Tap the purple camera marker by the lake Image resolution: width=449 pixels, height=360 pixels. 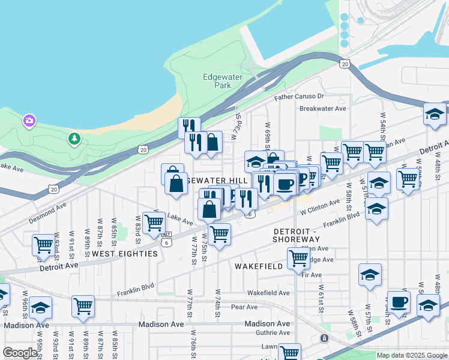[x=29, y=122]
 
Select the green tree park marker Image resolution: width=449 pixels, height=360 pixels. [x=74, y=139]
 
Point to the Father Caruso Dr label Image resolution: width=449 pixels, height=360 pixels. [x=299, y=97]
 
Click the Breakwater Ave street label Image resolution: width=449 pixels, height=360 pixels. [x=323, y=109]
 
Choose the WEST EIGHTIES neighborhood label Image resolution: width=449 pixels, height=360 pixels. [x=125, y=254]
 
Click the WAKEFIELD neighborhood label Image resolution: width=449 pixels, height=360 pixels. [x=259, y=266]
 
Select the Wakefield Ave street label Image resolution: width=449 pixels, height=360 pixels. [x=268, y=293]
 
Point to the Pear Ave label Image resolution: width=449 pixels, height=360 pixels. [x=244, y=307]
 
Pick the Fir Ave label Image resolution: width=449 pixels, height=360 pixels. [x=312, y=275]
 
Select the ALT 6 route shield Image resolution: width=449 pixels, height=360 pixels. [x=166, y=239]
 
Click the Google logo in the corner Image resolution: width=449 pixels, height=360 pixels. [x=20, y=353]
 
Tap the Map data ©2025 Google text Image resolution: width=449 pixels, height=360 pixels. [x=411, y=355]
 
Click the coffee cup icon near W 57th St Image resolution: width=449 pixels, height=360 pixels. [x=398, y=302]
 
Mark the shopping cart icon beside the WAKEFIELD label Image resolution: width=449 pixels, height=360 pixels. [x=298, y=258]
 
